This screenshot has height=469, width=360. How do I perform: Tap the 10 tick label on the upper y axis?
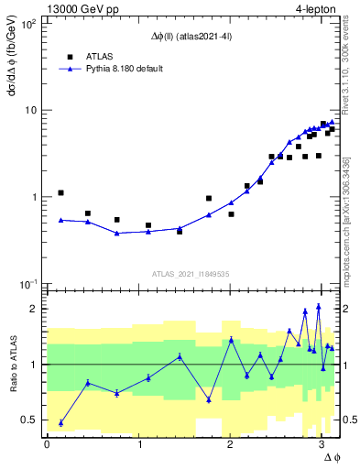pos(29,110)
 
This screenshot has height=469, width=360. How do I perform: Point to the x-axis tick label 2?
pos(230,444)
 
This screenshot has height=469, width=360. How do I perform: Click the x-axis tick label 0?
pos(47,444)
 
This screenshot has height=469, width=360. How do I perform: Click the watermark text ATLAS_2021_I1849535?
pos(192,273)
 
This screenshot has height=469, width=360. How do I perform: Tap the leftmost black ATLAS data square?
pos(60,193)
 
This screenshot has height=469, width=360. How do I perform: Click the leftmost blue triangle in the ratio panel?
pos(60,422)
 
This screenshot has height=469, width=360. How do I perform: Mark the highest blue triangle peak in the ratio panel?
pos(318,306)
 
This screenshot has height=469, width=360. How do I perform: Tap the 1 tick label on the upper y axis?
pos(34,197)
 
